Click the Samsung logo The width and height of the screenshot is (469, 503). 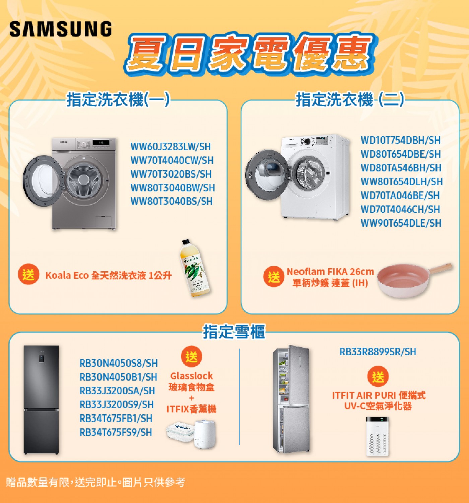tap(61, 29)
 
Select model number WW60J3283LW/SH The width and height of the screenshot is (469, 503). tap(171, 147)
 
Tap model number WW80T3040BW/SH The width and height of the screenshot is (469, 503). tap(173, 188)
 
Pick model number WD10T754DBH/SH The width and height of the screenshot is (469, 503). tap(400, 140)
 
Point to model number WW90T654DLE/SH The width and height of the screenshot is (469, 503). tap(401, 223)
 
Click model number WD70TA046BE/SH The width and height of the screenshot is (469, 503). tap(400, 195)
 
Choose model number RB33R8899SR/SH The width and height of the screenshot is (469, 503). tap(378, 351)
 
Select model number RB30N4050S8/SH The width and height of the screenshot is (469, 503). tap(119, 363)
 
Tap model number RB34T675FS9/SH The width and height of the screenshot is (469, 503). tap(116, 432)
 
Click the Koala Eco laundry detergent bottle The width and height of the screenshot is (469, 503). tap(195, 268)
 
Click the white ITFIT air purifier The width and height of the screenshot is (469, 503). tap(377, 436)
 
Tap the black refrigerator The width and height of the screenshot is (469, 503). tap(41, 399)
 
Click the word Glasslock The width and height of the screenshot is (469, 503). tap(191, 376)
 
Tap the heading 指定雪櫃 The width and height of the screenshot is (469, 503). tap(234, 332)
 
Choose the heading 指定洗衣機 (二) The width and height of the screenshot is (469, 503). tap(350, 100)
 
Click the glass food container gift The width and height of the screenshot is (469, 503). tap(180, 431)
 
